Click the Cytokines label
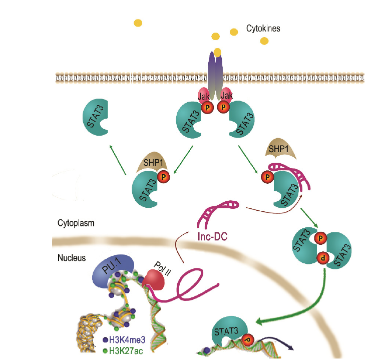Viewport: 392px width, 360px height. click(263, 29)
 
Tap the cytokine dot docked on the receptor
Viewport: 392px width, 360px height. click(217, 52)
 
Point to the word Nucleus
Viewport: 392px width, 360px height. click(71, 258)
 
